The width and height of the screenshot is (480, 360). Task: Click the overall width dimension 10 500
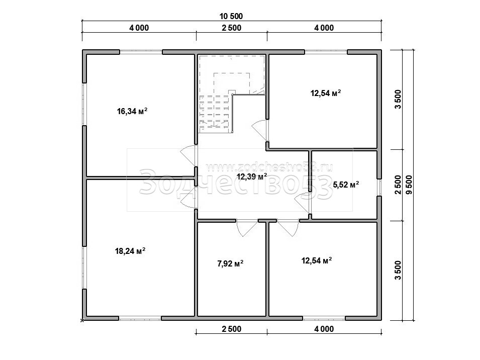point(231,16)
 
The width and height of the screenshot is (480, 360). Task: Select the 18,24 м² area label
point(130,251)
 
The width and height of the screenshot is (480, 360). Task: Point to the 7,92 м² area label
point(230,263)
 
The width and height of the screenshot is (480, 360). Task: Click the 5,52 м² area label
point(346,185)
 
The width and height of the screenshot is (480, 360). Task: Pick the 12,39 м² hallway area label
point(252,176)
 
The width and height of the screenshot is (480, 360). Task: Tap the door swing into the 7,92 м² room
point(247,228)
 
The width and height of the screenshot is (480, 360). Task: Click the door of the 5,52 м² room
point(303,203)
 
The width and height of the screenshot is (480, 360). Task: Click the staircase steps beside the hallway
point(215,114)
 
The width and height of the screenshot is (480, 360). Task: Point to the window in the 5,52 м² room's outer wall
point(379,188)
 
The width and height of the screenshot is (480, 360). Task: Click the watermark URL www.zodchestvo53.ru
point(269,167)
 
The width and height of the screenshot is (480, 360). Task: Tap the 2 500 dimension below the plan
point(231,329)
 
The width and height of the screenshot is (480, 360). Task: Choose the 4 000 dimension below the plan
point(324,329)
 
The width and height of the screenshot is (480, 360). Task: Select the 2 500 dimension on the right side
point(398,185)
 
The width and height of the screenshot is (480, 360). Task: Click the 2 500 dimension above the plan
point(231,28)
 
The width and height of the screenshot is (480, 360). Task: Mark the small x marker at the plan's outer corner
point(82,320)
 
